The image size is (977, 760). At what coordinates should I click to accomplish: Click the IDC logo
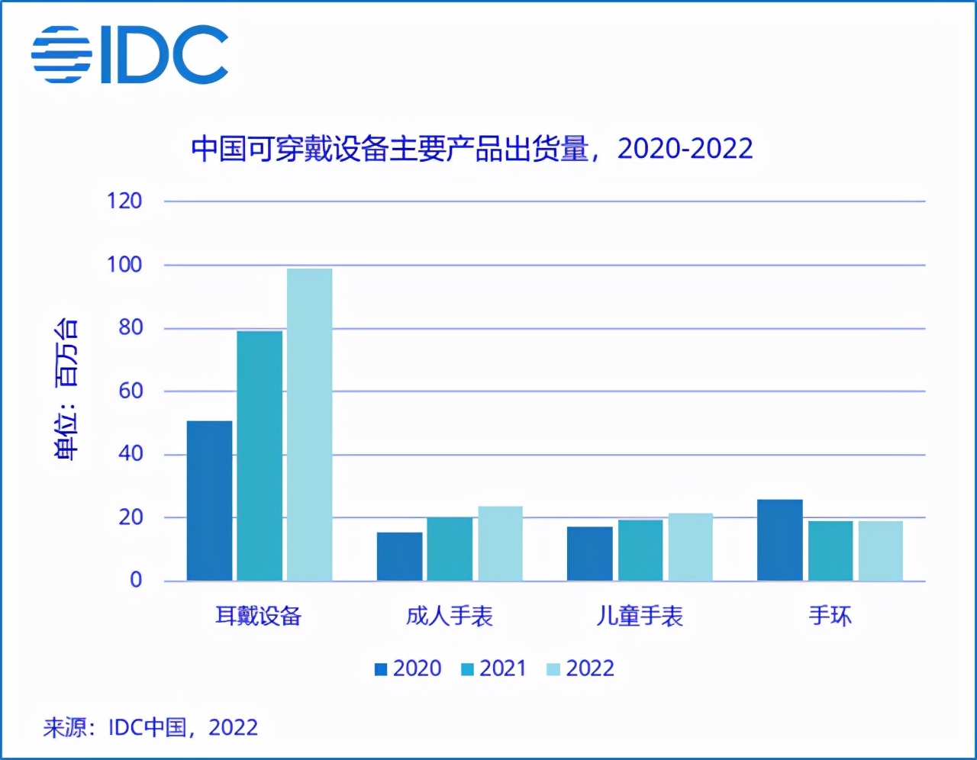pyautogui.click(x=130, y=54)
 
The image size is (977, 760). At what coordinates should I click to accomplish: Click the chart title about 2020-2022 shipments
pyautogui.click(x=472, y=149)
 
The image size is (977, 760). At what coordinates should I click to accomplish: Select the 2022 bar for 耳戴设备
pyautogui.click(x=309, y=424)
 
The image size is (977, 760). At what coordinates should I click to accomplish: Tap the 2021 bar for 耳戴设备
pyautogui.click(x=260, y=456)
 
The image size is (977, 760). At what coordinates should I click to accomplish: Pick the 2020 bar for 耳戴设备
pyautogui.click(x=209, y=501)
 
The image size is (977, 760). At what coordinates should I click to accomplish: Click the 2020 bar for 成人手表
pyautogui.click(x=399, y=556)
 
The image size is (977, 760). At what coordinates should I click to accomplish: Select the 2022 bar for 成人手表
pyautogui.click(x=500, y=543)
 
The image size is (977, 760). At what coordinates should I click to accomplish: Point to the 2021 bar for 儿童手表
pyautogui.click(x=640, y=550)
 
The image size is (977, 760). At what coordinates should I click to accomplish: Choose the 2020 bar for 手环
pyautogui.click(x=779, y=540)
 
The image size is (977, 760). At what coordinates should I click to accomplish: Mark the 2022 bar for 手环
pyautogui.click(x=880, y=551)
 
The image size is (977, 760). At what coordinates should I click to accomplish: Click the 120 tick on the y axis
pyautogui.click(x=124, y=201)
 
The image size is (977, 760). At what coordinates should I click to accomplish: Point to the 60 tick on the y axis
pyautogui.click(x=130, y=391)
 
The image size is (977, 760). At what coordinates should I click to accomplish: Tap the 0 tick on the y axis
pyautogui.click(x=136, y=581)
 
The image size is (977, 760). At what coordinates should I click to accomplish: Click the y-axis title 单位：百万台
pyautogui.click(x=66, y=389)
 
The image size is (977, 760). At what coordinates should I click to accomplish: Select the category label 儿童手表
pyautogui.click(x=639, y=616)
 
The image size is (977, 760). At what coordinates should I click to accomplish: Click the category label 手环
pyautogui.click(x=830, y=616)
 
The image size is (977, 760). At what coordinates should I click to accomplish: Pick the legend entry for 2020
pyautogui.click(x=408, y=669)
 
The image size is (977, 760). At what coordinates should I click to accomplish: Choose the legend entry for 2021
pyautogui.click(x=495, y=669)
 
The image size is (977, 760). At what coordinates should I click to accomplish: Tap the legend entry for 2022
pyautogui.click(x=581, y=669)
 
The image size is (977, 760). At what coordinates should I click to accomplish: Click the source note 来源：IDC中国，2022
pyautogui.click(x=150, y=727)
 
